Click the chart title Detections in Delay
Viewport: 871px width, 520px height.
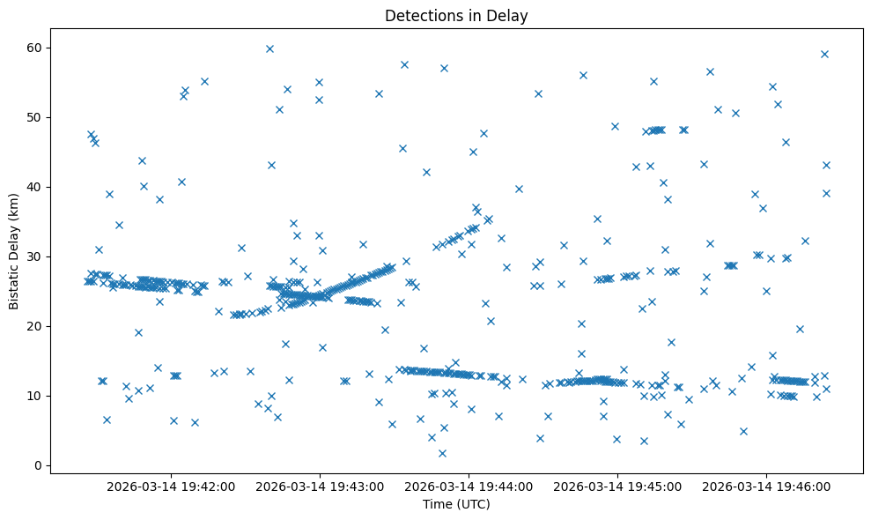[456, 15]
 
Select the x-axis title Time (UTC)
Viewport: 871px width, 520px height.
[456, 505]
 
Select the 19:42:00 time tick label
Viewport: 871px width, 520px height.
[171, 487]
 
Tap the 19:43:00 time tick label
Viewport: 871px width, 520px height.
[320, 487]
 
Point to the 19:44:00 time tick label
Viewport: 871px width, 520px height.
[469, 487]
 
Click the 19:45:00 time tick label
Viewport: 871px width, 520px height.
[617, 487]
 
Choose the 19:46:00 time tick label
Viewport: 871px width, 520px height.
[766, 487]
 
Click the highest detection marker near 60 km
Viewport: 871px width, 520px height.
[269, 48]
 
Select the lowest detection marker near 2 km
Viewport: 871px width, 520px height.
[442, 453]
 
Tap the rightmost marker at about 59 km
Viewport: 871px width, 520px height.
[824, 54]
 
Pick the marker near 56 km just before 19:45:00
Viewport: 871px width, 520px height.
[583, 75]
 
